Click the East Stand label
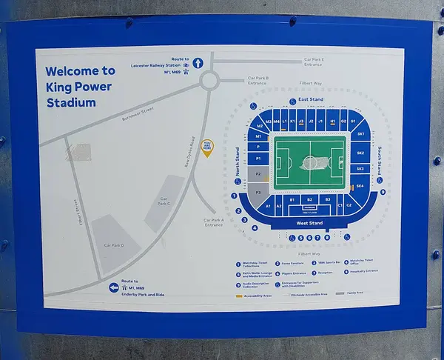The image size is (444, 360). click(311, 99)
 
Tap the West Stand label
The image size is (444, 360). click(309, 223)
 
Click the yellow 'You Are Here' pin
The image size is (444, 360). click(208, 149)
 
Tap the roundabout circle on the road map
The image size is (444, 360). click(209, 79)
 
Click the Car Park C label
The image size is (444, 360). click(164, 201)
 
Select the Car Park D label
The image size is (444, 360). click(113, 245)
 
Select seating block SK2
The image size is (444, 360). click(360, 153)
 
